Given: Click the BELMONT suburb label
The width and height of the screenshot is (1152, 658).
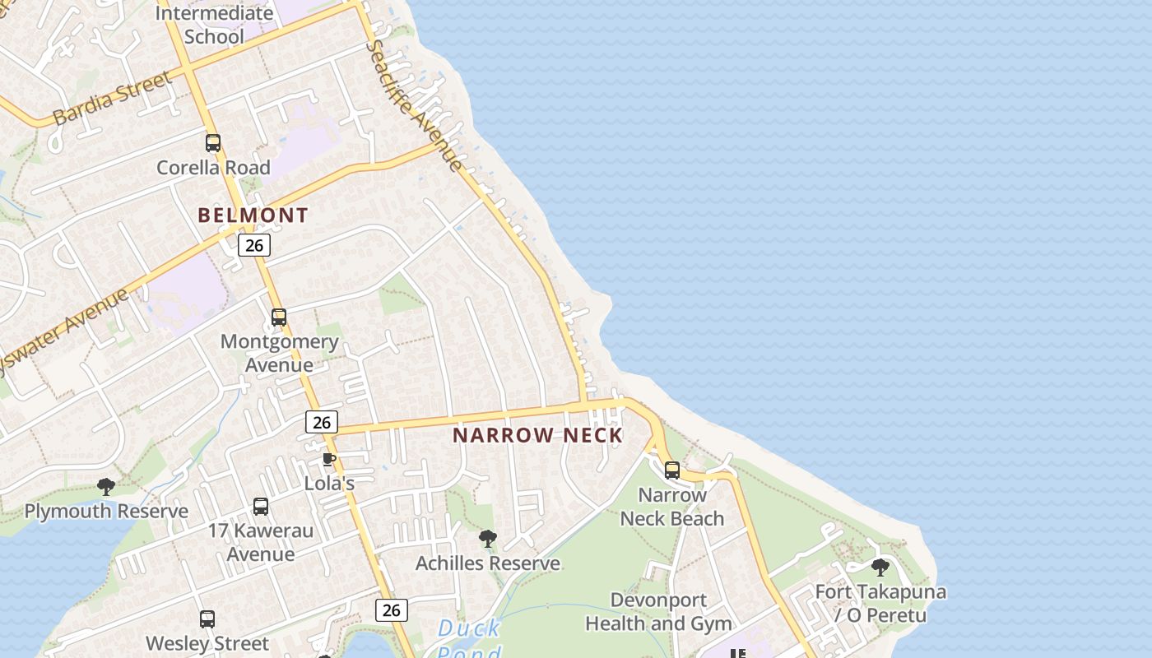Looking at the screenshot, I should [253, 215].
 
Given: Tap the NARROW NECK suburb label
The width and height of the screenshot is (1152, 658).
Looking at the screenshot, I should [537, 435].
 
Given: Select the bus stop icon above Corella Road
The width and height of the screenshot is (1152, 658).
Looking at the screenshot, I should [213, 143].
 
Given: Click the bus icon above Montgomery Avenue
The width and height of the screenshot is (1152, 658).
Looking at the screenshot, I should [279, 317].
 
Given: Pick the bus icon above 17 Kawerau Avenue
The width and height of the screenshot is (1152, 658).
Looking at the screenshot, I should [261, 507].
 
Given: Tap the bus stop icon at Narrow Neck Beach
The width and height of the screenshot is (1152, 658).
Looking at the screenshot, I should [672, 470].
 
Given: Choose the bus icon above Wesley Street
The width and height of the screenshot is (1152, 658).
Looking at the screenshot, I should [207, 619].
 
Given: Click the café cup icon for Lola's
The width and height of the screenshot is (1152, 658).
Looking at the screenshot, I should [329, 459].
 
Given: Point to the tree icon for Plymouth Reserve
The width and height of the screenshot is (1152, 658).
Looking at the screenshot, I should [105, 487].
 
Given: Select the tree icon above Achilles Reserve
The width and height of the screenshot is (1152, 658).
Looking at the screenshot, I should [488, 540].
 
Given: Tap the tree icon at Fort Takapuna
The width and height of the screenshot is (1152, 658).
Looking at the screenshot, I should [880, 568].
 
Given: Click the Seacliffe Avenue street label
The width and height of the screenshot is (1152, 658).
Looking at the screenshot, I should [415, 104].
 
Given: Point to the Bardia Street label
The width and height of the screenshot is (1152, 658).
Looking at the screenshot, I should [113, 98].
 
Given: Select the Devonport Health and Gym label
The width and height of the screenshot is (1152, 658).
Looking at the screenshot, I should [658, 612].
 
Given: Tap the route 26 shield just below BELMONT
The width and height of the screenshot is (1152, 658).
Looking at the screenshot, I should [254, 245].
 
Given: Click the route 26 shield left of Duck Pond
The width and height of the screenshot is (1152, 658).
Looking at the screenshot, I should [391, 610].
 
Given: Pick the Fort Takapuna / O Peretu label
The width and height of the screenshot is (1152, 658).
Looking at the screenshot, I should [880, 603].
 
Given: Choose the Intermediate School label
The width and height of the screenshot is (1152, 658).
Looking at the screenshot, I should [214, 25].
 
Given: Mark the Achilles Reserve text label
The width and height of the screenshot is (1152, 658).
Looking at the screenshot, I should [488, 563].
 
